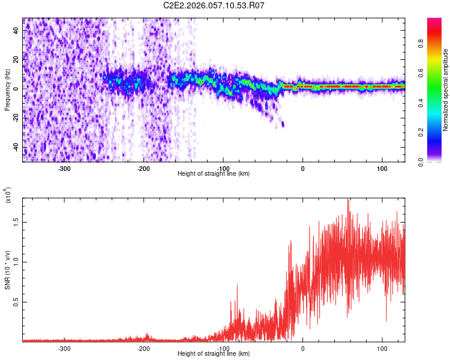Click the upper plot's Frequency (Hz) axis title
pyautogui.click(x=7, y=89)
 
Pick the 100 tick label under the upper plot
pyautogui.click(x=382, y=168)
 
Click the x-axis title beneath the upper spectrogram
pyautogui.click(x=214, y=174)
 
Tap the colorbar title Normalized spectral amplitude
pyautogui.click(x=446, y=90)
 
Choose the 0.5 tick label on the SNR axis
pyautogui.click(x=16, y=302)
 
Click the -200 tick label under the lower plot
pyautogui.click(x=143, y=348)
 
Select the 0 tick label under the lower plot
pyautogui.click(x=302, y=348)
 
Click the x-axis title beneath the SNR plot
pyautogui.click(x=214, y=354)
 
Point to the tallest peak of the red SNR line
pyautogui.click(x=348, y=200)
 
